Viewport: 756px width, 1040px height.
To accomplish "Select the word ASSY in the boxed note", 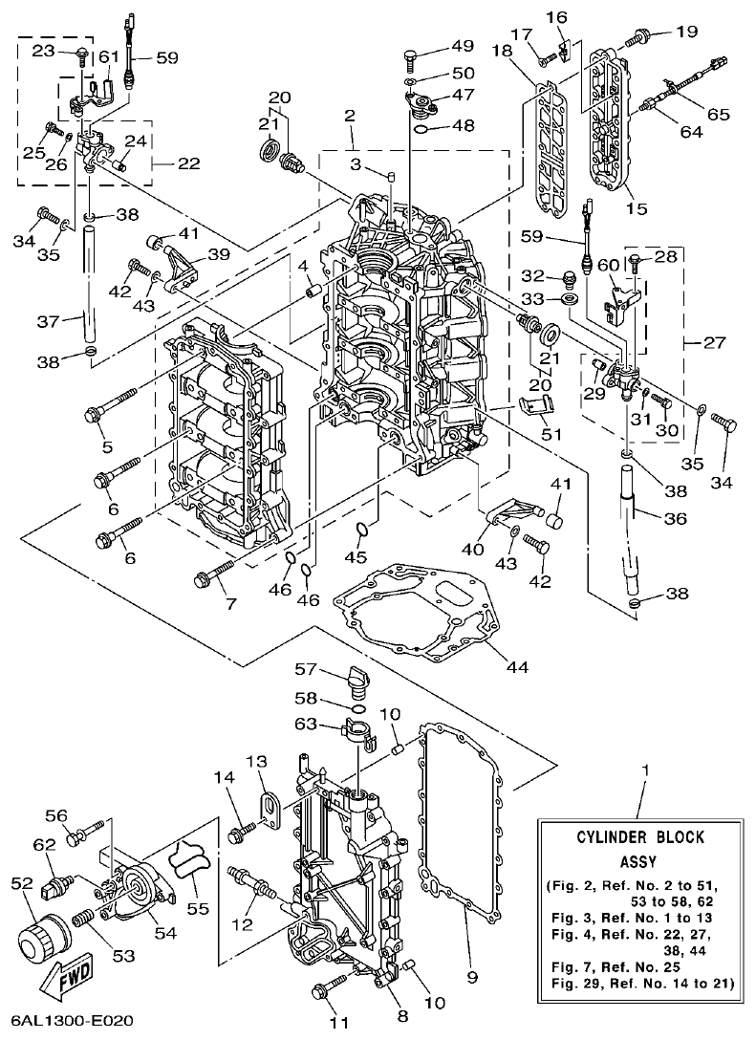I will (x=639, y=859).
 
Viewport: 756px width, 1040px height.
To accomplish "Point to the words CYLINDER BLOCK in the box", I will (x=639, y=837).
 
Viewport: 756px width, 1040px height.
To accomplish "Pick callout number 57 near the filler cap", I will (x=305, y=668).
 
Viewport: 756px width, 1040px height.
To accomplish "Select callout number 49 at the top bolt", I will (x=463, y=46).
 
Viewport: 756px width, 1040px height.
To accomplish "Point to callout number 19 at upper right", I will (x=686, y=32).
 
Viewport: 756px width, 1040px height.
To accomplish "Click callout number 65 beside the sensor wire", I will (x=718, y=114).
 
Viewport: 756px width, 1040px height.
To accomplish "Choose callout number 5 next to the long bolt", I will (x=105, y=446).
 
